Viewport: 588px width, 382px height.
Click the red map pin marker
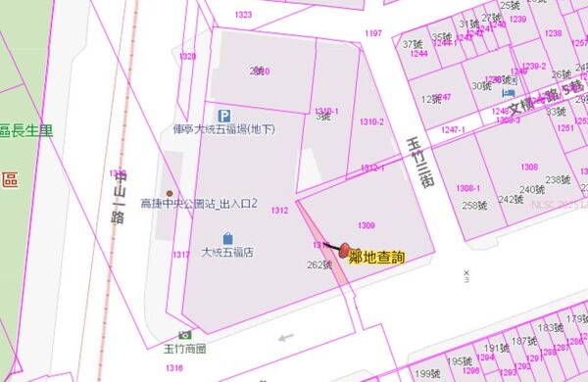pyautogui.click(x=344, y=252)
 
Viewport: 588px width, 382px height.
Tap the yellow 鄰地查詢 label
pyautogui.click(x=377, y=258)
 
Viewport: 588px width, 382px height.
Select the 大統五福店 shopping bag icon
pyautogui.click(x=227, y=238)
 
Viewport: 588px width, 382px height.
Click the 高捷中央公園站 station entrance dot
pyautogui.click(x=170, y=193)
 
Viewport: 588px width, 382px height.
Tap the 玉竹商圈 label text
pyautogui.click(x=185, y=349)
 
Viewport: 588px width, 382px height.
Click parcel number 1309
pyautogui.click(x=367, y=225)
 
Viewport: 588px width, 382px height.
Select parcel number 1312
pyautogui.click(x=279, y=210)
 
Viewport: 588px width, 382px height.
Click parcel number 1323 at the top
pyautogui.click(x=243, y=15)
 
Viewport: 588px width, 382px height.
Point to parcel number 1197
pyautogui.click(x=372, y=33)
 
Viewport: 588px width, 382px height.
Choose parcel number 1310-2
pyautogui.click(x=371, y=122)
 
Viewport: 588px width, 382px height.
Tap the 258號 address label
pyautogui.click(x=474, y=205)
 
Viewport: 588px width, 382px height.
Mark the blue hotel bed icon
pyautogui.click(x=508, y=93)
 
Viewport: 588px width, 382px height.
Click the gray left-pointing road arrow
pyautogui.click(x=285, y=339)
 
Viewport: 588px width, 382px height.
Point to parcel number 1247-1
pyautogui.click(x=453, y=129)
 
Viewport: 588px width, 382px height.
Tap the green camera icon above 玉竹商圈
pyautogui.click(x=185, y=335)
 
